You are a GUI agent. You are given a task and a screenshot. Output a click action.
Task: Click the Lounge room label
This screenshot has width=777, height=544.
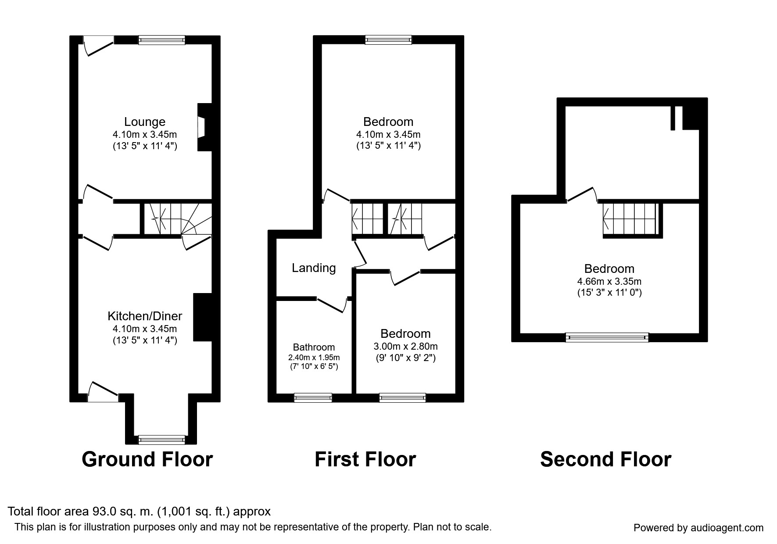pos(144,122)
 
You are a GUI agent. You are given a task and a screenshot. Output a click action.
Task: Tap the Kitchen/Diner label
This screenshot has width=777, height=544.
pos(145,316)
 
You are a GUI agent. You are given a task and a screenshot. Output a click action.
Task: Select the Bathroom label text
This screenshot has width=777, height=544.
pos(314,347)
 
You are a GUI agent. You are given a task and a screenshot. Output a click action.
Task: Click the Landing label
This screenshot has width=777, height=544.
pos(314,268)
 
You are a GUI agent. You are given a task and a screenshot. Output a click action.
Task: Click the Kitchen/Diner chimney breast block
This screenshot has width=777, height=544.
pos(202,317)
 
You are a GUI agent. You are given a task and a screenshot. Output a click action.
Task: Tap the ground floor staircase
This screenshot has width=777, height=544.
pos(175,218)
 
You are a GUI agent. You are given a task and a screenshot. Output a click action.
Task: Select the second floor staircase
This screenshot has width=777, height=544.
pos(630,219)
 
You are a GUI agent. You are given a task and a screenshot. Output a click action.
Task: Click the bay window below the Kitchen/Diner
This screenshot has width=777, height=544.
pos(161,439)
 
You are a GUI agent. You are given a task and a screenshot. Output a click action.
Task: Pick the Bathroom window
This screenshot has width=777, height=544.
pos(313,398)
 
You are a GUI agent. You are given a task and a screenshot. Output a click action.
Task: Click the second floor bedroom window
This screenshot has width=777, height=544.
pos(607,337)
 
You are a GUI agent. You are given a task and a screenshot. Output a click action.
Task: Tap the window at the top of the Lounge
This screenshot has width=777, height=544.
pos(161,40)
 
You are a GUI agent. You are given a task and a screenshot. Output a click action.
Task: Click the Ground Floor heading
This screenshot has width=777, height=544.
pos(147,459)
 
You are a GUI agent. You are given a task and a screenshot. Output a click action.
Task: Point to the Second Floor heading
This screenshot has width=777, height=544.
pos(605,459)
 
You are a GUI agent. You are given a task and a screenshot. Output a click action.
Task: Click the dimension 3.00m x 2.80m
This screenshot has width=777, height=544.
pos(406,346)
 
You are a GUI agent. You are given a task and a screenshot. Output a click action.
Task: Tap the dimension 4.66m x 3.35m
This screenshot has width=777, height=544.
pos(609,281)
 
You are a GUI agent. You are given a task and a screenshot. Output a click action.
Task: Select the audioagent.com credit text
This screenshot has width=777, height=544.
pos(698,528)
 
